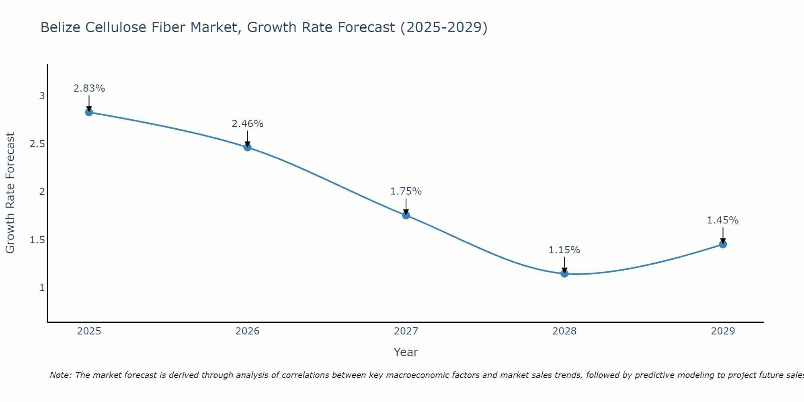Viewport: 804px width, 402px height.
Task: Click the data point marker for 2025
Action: tap(89, 112)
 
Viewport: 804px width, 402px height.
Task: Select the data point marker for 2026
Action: tap(248, 148)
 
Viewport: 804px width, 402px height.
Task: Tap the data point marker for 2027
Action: tap(406, 215)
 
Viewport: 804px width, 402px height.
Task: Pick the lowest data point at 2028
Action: tap(564, 274)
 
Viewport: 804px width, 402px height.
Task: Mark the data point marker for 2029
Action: tap(723, 244)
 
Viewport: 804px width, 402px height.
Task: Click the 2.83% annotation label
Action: tap(89, 88)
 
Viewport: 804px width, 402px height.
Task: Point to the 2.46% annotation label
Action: tap(248, 124)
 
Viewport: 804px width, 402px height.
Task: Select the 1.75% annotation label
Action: tap(406, 191)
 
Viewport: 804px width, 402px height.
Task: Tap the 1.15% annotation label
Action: tap(564, 250)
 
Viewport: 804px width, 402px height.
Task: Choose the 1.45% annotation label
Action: tap(723, 220)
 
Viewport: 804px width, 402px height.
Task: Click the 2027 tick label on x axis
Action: tap(406, 331)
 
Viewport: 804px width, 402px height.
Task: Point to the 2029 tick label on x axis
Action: tap(723, 331)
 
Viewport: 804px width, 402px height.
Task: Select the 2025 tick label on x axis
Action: tap(89, 331)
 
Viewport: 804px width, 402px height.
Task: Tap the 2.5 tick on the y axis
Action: tap(37, 144)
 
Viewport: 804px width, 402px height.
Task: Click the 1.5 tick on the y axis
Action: tap(37, 240)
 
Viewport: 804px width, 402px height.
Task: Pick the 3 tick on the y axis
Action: tap(42, 96)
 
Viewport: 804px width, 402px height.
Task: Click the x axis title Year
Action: tap(406, 352)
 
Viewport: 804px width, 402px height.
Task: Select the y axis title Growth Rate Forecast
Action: tap(10, 193)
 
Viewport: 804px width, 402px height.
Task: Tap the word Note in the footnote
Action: tap(60, 375)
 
